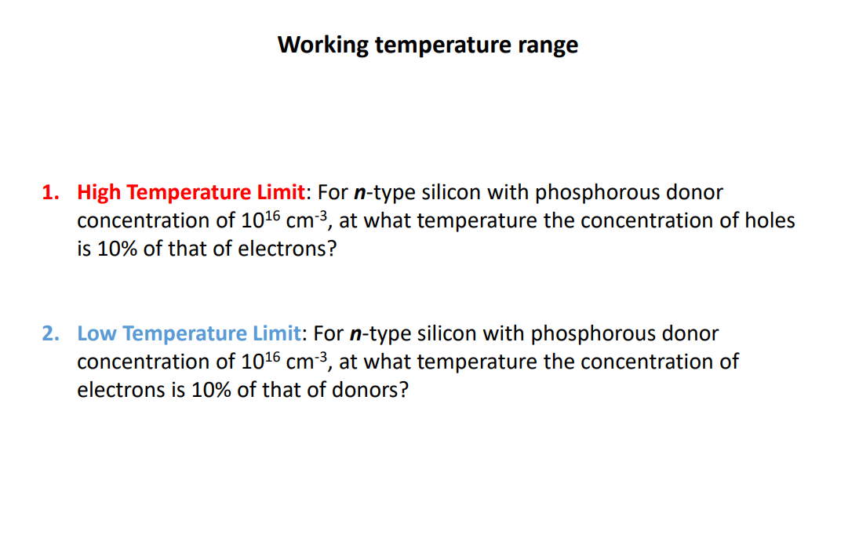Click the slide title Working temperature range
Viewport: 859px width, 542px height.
428,45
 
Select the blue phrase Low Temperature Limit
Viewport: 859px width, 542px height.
188,333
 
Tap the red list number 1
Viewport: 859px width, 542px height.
49,192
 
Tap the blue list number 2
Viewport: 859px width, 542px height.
49,333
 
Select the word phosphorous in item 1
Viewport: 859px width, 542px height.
597,192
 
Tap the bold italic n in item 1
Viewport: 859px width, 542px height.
360,193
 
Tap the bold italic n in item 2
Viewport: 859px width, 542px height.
357,334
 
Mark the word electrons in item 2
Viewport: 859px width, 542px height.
117,390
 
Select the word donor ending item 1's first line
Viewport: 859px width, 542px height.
694,192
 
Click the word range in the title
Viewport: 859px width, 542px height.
548,45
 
